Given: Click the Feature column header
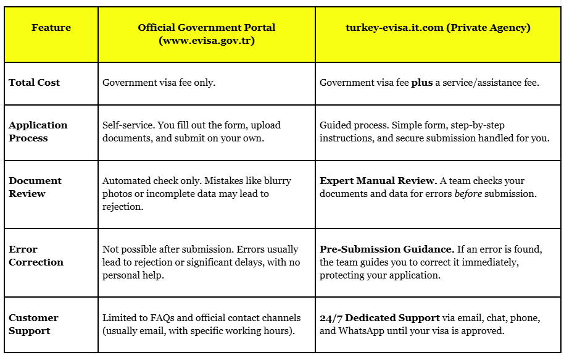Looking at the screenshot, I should click(51, 28).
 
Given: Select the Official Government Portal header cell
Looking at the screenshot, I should click(207, 35).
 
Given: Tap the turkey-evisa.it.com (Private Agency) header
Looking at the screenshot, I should click(438, 28).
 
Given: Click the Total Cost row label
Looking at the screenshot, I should click(35, 83).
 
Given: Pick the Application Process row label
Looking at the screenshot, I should click(38, 132).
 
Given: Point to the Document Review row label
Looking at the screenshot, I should click(35, 187).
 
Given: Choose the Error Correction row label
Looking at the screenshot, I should click(36, 256).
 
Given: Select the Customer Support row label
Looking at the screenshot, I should click(33, 324).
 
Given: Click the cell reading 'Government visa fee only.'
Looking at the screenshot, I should click(159, 83).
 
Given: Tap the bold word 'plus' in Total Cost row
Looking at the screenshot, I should click(421, 83).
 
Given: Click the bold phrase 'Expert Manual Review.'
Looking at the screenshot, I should click(378, 181).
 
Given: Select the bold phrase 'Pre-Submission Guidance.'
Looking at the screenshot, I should click(387, 249).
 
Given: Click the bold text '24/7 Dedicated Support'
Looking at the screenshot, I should click(379, 318).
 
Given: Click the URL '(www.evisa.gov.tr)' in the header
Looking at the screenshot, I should click(207, 41).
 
